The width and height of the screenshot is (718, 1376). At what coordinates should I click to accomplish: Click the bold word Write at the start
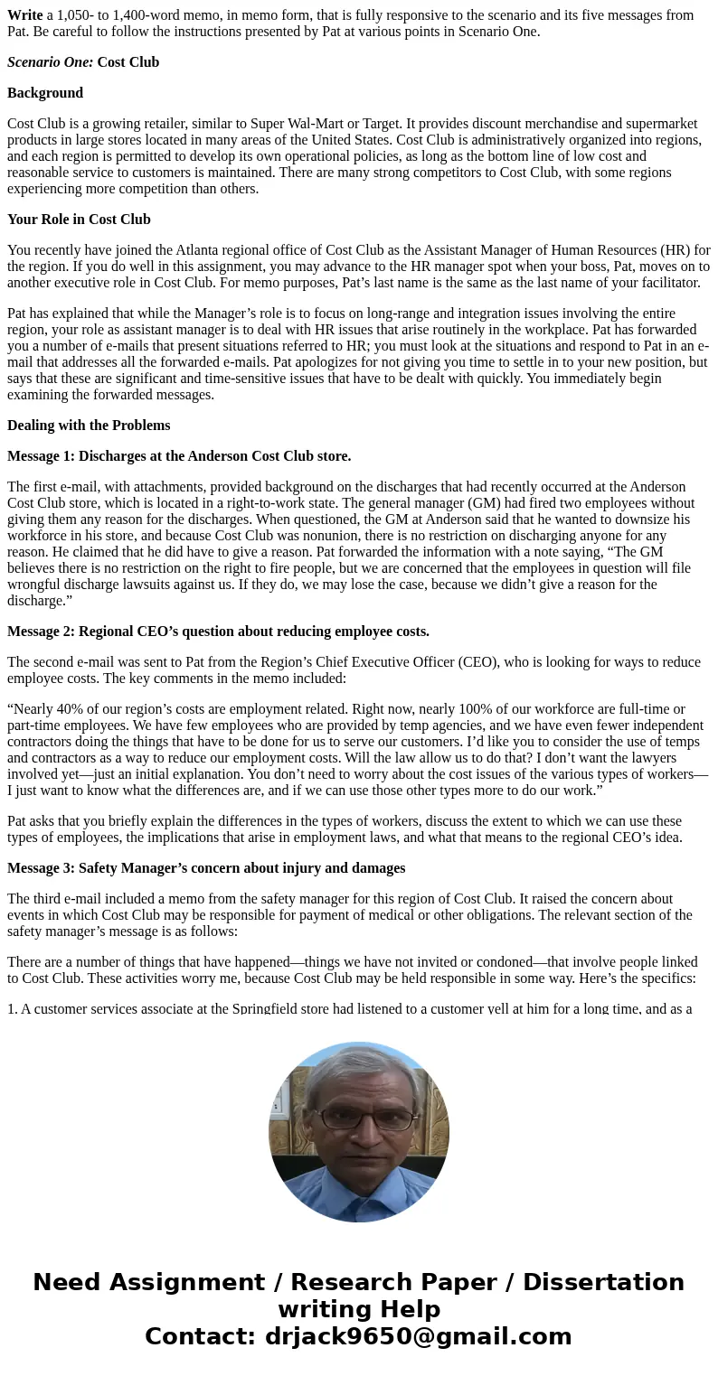tap(25, 15)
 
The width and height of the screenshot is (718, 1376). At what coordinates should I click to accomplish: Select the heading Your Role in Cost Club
tap(79, 220)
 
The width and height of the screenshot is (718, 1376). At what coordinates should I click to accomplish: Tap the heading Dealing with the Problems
tap(89, 426)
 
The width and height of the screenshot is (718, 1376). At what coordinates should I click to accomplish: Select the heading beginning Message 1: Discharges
tap(179, 456)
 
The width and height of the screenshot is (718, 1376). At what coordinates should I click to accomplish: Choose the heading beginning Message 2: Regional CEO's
tap(218, 632)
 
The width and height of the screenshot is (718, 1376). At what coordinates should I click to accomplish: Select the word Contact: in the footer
tap(200, 1336)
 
